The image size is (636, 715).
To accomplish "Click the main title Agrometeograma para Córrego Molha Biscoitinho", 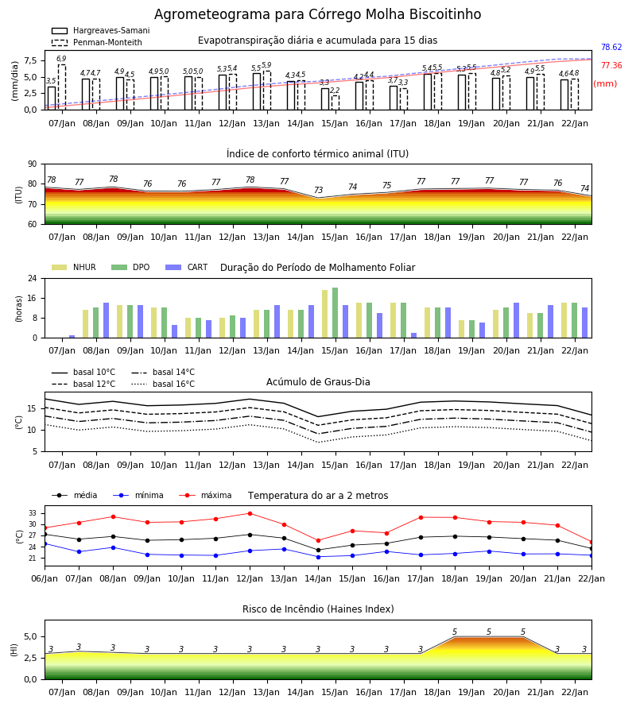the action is coord(317,14).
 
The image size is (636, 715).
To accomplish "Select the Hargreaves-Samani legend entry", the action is coord(100,30).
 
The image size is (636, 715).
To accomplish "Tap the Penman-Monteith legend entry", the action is coord(97,42).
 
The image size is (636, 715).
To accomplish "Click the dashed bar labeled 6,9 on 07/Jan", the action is coord(61,87).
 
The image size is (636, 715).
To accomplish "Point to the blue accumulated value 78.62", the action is coord(611,47).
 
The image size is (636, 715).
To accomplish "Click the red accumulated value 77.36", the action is coord(611,65).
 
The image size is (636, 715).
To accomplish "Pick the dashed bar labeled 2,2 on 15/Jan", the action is coord(335,102).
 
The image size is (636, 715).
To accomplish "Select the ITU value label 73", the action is coord(318,190).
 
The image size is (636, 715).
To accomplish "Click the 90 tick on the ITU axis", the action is coord(33,164).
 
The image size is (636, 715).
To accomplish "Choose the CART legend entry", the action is coord(187,267).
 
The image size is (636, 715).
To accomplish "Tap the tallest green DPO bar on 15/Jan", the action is coord(335,313).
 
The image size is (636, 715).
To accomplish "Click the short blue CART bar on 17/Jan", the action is coord(414,335).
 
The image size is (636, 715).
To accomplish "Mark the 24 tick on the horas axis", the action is coord(33,278).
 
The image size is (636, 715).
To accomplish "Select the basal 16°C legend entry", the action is coord(163,384).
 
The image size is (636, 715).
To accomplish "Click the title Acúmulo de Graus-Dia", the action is coord(318,381).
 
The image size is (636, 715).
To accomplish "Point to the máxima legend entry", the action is coord(205,495).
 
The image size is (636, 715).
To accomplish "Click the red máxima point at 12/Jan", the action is coord(250,513).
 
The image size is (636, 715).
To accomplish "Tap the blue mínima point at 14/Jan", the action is coord(319,557).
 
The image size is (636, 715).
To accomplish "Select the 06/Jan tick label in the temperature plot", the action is coord(45,578).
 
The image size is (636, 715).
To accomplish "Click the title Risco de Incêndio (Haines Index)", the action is coord(318,609).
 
